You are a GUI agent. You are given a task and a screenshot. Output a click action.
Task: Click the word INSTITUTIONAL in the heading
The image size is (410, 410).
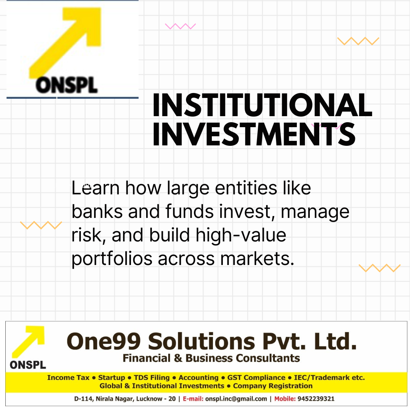click(x=262, y=105)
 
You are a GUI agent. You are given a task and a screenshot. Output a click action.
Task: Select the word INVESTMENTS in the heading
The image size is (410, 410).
click(x=254, y=134)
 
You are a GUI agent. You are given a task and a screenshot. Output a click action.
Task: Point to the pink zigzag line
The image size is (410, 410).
click(x=180, y=26)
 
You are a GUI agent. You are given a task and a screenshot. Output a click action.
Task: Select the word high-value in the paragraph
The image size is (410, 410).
click(x=241, y=235)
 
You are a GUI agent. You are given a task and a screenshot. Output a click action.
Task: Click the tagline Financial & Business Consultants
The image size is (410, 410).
click(x=211, y=358)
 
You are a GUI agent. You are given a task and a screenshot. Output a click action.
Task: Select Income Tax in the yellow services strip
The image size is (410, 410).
click(x=68, y=378)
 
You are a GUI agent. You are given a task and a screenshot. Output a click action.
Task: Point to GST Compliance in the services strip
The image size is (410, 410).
click(x=256, y=378)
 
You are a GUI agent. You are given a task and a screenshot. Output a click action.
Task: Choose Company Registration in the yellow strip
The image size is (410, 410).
click(x=273, y=386)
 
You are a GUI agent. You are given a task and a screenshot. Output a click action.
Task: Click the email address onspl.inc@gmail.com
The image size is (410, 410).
click(x=236, y=399)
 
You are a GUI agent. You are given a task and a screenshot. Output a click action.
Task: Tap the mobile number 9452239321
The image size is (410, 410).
click(x=316, y=399)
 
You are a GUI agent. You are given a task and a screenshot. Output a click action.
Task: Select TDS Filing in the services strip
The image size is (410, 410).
click(x=152, y=378)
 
